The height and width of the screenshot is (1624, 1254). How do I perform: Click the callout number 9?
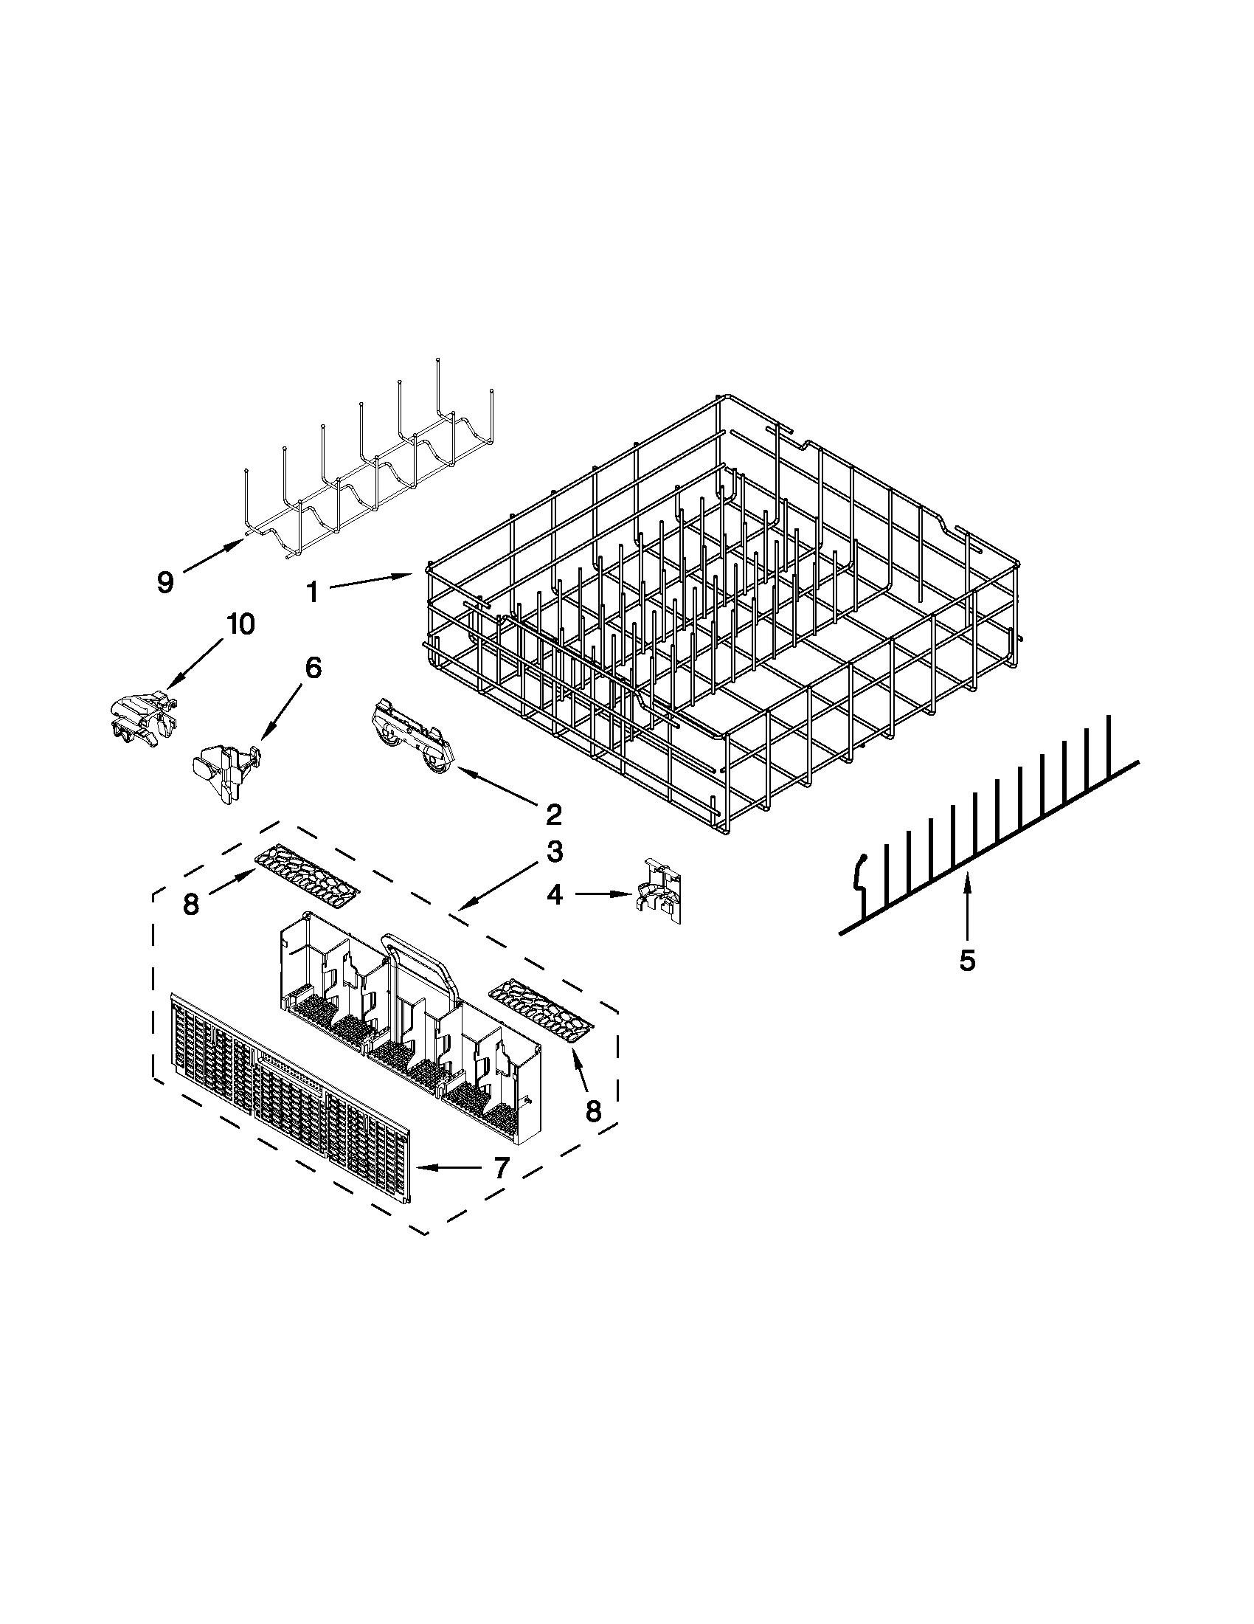165,581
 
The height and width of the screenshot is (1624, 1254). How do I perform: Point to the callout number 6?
313,668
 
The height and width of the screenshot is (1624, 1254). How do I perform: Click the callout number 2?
553,815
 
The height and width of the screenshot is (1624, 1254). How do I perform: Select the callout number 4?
555,894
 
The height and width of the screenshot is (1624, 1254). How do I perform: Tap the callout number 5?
966,961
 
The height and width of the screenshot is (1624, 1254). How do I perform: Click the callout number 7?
501,1168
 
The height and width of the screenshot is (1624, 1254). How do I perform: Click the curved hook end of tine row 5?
860,871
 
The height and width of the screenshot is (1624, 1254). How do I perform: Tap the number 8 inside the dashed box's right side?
592,1131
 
